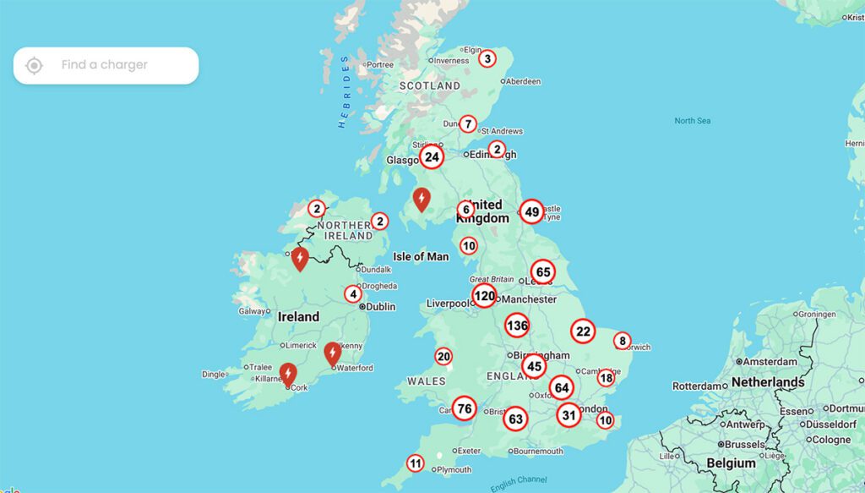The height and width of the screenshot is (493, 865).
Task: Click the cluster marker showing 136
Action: pos(517,326)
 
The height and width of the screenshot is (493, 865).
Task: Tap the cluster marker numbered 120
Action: pos(484,296)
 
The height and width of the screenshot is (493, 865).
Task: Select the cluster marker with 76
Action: pos(464,409)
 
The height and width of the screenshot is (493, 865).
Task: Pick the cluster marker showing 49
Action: pos(531,211)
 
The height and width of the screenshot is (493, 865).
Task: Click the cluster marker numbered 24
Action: pos(432,157)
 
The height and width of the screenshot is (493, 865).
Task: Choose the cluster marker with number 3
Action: pos(487,58)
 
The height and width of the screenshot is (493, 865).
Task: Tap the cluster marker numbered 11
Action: pos(415,463)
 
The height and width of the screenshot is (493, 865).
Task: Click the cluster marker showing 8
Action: pos(623,341)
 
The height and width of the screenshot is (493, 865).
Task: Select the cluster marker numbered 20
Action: pos(443,356)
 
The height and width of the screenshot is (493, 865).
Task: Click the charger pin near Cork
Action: pos(288,373)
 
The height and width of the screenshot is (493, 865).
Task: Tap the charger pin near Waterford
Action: pos(333,352)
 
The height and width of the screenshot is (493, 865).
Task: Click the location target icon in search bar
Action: pos(34,65)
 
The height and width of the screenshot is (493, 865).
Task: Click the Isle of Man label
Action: pos(421,256)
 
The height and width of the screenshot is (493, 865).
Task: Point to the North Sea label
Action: pos(692,121)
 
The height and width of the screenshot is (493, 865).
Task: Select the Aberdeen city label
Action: pos(524,81)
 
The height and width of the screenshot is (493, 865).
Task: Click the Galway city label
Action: pos(253,311)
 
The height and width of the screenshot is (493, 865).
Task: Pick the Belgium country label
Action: pos(731,463)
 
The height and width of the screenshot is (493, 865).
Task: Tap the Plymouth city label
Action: pos(454,469)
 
